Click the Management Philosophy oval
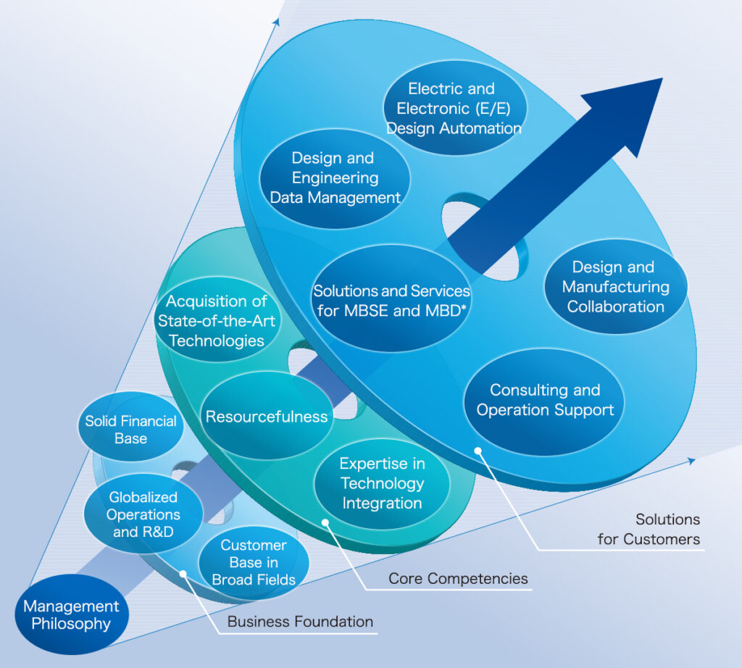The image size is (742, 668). click(x=71, y=615)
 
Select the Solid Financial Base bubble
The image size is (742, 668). click(x=130, y=429)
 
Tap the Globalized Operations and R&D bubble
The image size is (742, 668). click(x=143, y=514)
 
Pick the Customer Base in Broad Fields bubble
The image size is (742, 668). click(x=254, y=562)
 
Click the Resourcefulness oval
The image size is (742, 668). click(x=267, y=417)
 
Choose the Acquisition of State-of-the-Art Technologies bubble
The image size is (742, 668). click(x=216, y=321)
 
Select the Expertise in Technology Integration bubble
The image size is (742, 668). click(x=382, y=483)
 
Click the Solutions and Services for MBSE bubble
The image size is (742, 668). click(x=391, y=301)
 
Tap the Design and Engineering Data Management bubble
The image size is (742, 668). click(x=335, y=178)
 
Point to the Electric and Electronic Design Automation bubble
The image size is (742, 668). click(x=454, y=109)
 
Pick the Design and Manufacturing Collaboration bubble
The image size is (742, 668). click(x=615, y=287)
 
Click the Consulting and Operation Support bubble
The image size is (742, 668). click(x=544, y=400)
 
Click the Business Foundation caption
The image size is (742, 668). click(x=300, y=622)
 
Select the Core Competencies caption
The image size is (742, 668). click(x=458, y=578)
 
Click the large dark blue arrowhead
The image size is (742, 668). click(x=623, y=116)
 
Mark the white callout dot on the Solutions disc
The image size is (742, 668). click(x=478, y=451)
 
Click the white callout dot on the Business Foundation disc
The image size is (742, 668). click(x=185, y=574)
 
